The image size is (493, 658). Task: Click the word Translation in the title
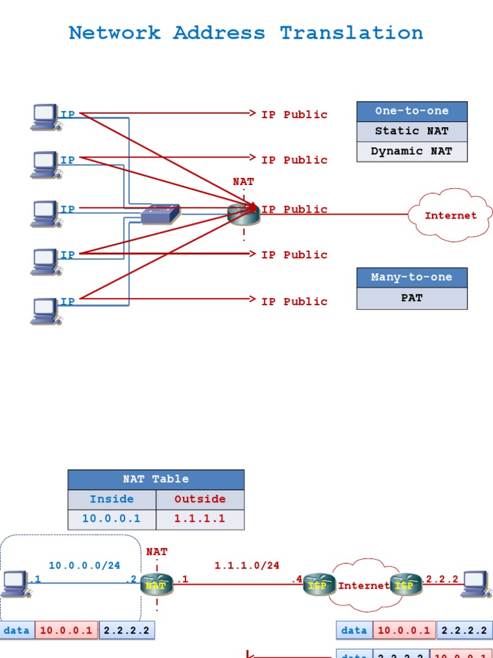pyautogui.click(x=351, y=33)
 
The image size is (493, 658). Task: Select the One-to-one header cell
pyautogui.click(x=411, y=111)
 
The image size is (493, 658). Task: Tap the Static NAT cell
pyautogui.click(x=411, y=131)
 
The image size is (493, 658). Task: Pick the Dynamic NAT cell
pyautogui.click(x=411, y=152)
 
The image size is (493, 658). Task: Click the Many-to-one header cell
pyautogui.click(x=411, y=278)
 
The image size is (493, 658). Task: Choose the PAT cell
pyautogui.click(x=411, y=298)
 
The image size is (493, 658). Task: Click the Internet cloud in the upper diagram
pyautogui.click(x=451, y=215)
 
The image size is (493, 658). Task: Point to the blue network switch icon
pyautogui.click(x=160, y=214)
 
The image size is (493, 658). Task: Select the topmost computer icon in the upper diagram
pyautogui.click(x=46, y=117)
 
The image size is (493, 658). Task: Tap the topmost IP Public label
pyautogui.click(x=294, y=114)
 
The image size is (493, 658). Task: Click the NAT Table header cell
pyautogui.click(x=156, y=479)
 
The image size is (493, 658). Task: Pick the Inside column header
pyautogui.click(x=112, y=499)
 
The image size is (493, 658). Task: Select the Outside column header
pyautogui.click(x=200, y=499)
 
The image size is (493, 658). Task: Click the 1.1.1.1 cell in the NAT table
pyautogui.click(x=200, y=519)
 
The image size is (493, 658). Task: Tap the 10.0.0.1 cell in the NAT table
pyautogui.click(x=112, y=519)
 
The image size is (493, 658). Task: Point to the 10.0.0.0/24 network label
pyautogui.click(x=84, y=565)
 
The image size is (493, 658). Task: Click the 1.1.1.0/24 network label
pyautogui.click(x=246, y=565)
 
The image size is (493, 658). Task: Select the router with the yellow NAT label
pyautogui.click(x=157, y=585)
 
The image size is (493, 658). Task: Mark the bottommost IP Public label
pyautogui.click(x=294, y=301)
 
